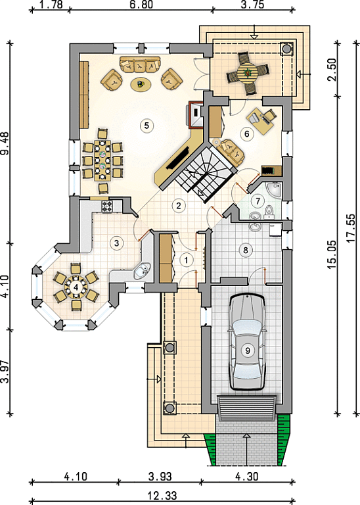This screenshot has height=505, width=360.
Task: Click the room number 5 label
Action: coord(146,125)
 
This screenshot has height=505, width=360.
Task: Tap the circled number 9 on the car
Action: coord(248,350)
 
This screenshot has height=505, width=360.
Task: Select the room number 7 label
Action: coord(258,201)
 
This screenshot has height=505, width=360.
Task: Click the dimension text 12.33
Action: coord(162,495)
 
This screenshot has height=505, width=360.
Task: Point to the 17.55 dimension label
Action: coord(351,228)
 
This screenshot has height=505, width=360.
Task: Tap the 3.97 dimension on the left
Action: coord(5,372)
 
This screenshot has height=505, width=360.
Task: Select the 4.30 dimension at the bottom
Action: coord(247,476)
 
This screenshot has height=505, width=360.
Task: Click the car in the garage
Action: coord(248,341)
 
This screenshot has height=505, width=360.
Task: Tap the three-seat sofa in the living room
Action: coord(140,64)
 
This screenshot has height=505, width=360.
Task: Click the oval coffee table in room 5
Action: coord(141,85)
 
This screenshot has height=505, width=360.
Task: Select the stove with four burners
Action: coord(107,206)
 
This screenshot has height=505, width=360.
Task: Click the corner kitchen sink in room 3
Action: coord(142,271)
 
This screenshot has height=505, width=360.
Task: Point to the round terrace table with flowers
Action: coord(248,74)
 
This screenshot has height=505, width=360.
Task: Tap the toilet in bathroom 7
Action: coord(269,212)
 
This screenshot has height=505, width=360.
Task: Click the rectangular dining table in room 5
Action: coord(102,160)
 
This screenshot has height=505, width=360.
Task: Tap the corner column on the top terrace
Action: coord(286,49)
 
